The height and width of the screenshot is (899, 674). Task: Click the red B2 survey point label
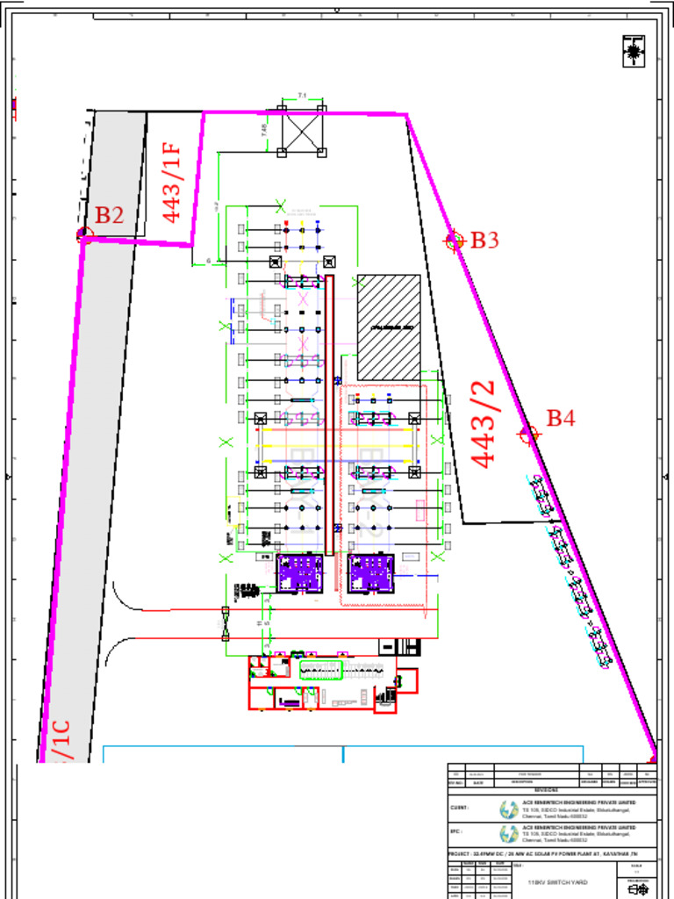110,215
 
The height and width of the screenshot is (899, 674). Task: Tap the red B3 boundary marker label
485,240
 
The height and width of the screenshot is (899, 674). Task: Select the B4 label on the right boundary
561,418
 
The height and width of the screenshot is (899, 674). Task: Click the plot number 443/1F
172,182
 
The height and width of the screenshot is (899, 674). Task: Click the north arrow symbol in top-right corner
633,51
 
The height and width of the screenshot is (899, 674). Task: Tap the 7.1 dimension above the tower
302,95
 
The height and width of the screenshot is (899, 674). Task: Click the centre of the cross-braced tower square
302,131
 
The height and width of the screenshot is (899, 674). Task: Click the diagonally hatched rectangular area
389,327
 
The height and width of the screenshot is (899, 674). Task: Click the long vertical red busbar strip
330,413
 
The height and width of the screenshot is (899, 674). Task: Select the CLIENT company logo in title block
509,809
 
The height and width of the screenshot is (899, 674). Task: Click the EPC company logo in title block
509,833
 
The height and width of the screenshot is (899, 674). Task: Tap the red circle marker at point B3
454,241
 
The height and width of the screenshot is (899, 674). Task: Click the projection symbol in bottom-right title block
639,889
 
